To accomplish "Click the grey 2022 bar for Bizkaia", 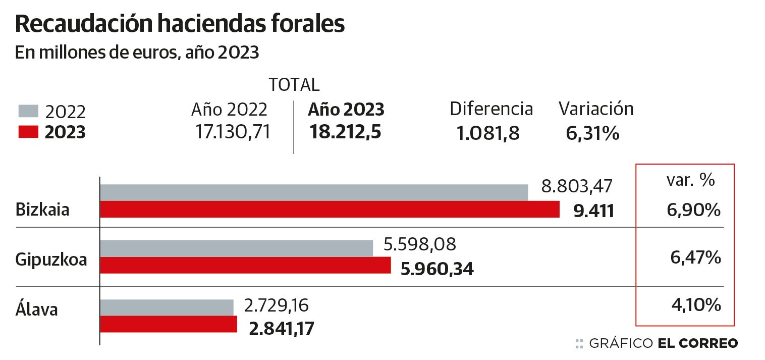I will pos(314,193).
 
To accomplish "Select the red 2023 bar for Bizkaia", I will pos(330,209).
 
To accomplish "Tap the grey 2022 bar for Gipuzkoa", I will pos(236,248).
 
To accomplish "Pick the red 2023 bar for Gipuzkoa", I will pos(245,265).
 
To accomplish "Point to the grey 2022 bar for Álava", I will pos(167,307).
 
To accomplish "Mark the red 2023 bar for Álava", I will pos(169,324).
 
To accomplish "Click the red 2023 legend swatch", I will pos(28,132).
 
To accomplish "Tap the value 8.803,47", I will pos(576,186).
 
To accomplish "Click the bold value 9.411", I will pos(594,211).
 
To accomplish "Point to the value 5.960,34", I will pos(437,269).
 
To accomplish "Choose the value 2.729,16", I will pos(276,305).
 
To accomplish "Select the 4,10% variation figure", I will pos(695,305).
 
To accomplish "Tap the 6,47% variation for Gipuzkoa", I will pos(695,259).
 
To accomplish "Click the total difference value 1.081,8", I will pos(488,133).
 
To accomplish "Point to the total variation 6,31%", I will pos(592,133).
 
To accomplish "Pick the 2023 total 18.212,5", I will pos(346,132).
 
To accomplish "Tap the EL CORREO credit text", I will pos(698,344).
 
